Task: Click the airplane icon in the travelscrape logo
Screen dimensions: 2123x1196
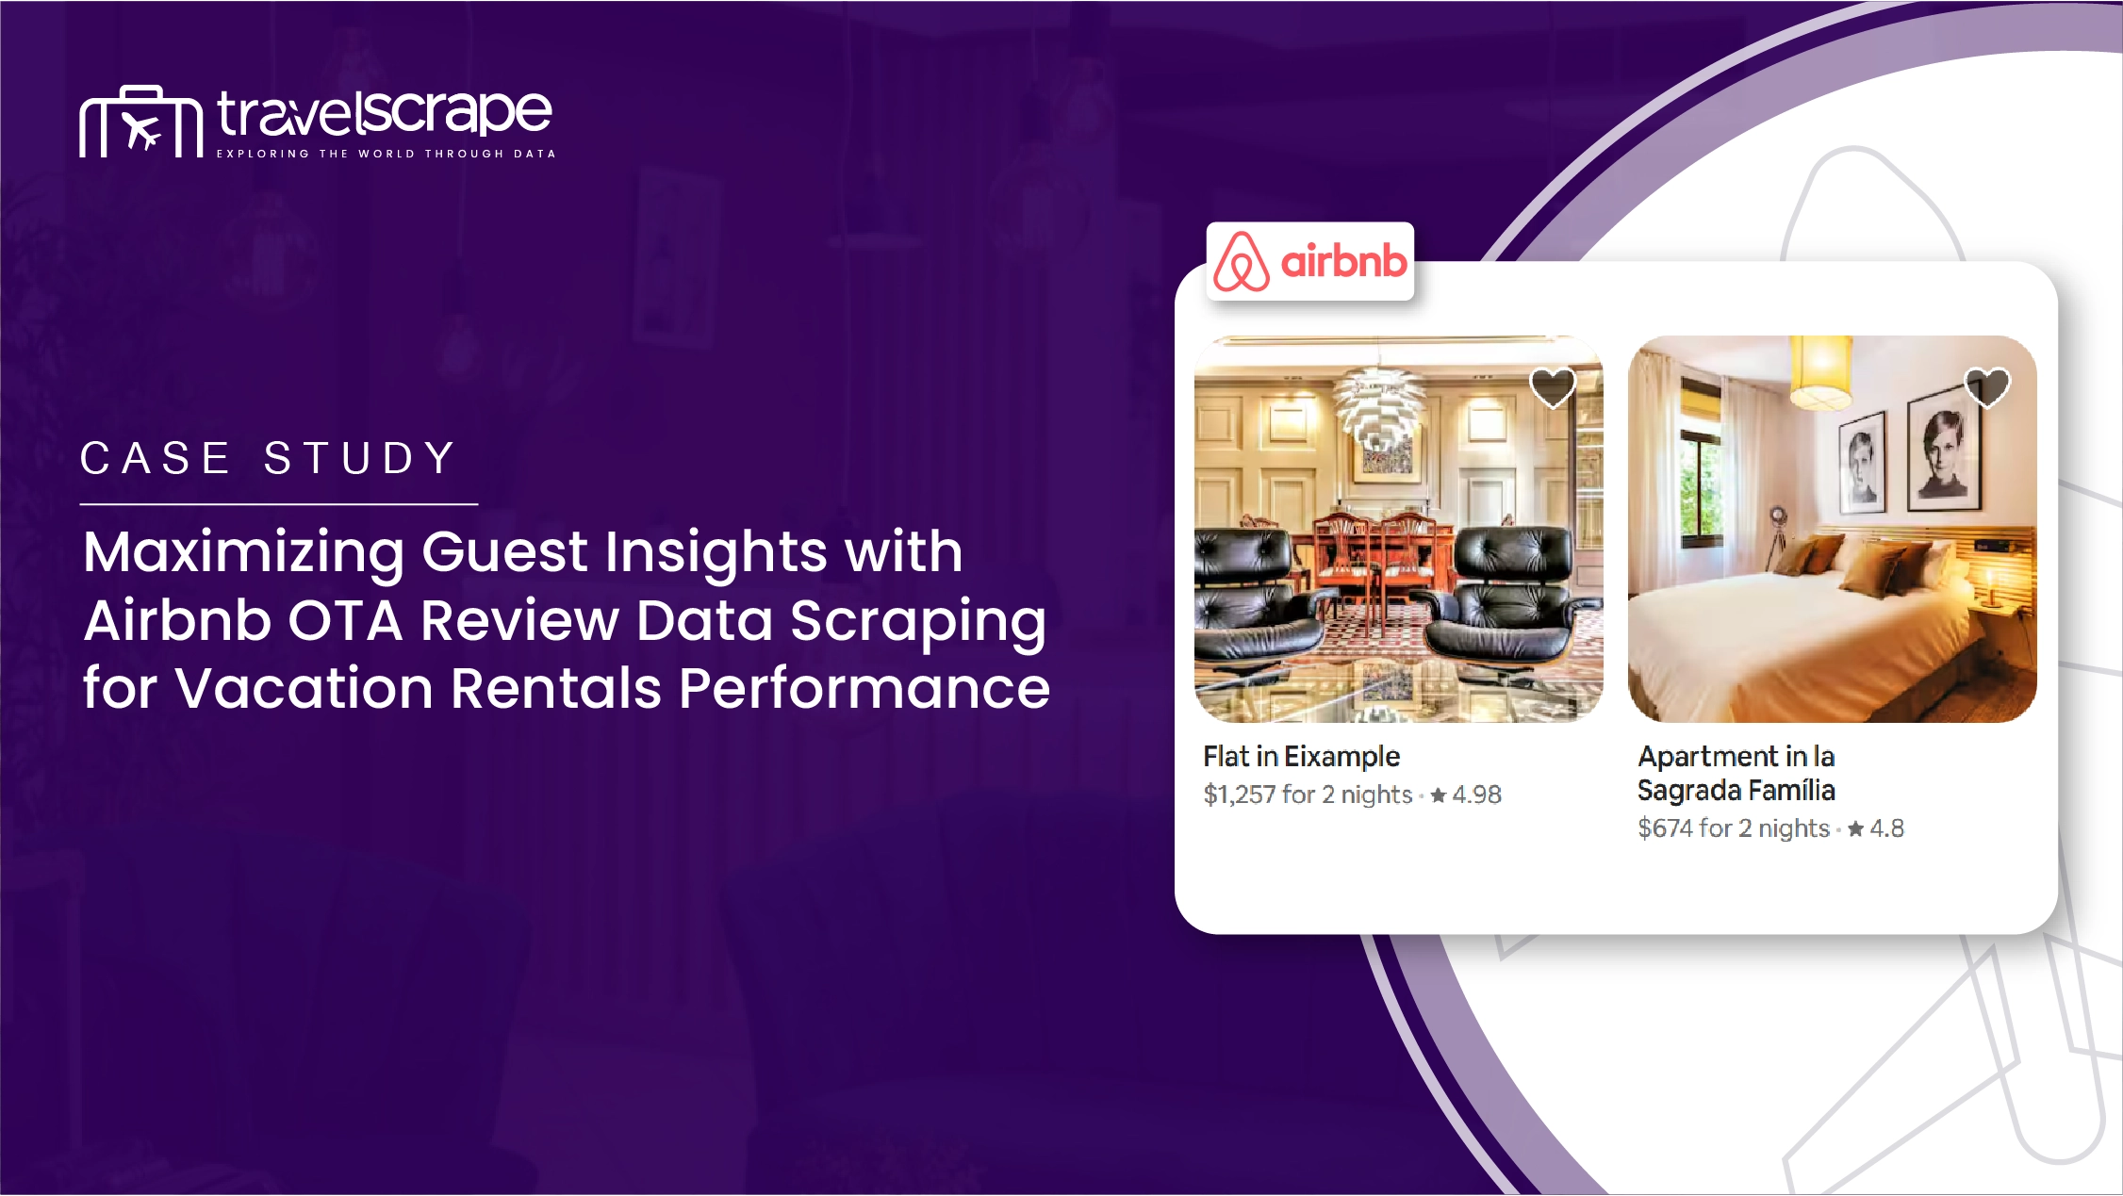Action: click(142, 132)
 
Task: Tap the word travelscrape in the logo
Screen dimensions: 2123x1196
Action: click(385, 114)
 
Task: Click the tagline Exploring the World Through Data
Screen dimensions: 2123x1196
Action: click(387, 154)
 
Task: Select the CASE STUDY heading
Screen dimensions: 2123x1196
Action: click(269, 459)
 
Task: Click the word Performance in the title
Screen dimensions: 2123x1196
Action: click(864, 688)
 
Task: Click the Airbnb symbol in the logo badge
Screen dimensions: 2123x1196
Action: click(1242, 261)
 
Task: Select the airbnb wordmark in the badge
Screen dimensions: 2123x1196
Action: click(1343, 260)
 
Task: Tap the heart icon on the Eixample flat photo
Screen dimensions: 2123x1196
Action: click(1553, 387)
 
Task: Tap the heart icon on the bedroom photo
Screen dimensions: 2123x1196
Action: click(1987, 386)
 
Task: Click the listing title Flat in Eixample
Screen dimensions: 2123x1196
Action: click(1301, 756)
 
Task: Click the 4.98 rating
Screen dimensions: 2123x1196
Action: click(1476, 795)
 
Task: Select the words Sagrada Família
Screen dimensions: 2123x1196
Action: click(1736, 791)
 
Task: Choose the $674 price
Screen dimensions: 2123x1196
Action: click(1665, 827)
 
